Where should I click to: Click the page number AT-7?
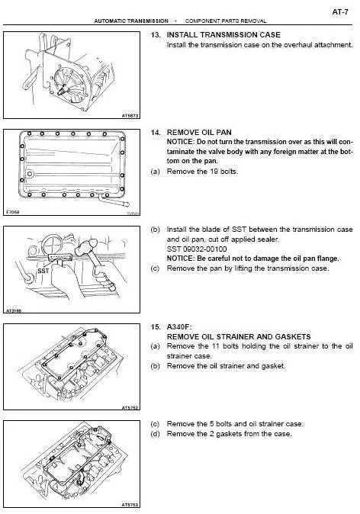point(340,12)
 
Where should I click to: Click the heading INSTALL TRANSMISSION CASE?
point(223,35)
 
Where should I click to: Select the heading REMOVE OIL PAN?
point(199,133)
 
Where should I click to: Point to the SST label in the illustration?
point(43,271)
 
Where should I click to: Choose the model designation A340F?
point(179,327)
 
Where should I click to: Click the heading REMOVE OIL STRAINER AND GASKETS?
point(239,336)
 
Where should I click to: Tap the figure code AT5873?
point(130,116)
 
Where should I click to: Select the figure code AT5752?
point(130,408)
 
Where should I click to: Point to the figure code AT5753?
point(130,505)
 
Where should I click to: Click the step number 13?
point(155,35)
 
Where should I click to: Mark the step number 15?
point(155,327)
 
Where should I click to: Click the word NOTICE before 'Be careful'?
point(181,259)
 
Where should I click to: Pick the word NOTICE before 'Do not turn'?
point(181,142)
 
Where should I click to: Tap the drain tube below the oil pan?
point(114,201)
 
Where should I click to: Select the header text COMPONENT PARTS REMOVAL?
point(226,21)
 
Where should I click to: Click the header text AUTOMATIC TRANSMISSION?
point(131,21)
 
